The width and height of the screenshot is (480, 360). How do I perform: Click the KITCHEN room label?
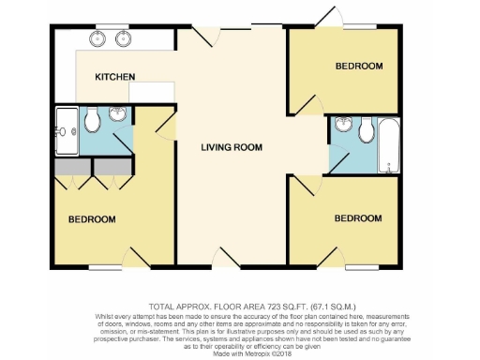tap(115, 76)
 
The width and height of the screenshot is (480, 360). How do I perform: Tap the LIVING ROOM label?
tap(232, 147)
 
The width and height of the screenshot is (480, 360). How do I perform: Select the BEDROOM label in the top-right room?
tap(359, 66)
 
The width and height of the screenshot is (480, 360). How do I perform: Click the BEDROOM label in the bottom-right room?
tap(358, 218)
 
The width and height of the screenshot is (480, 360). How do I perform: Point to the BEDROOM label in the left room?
tap(91, 219)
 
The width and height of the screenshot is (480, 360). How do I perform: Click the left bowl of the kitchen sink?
tap(98, 39)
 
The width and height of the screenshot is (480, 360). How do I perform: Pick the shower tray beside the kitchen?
tap(67, 129)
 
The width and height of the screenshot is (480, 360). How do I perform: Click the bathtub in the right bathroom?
tap(388, 145)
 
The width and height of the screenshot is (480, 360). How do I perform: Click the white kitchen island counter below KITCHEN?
tap(153, 91)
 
